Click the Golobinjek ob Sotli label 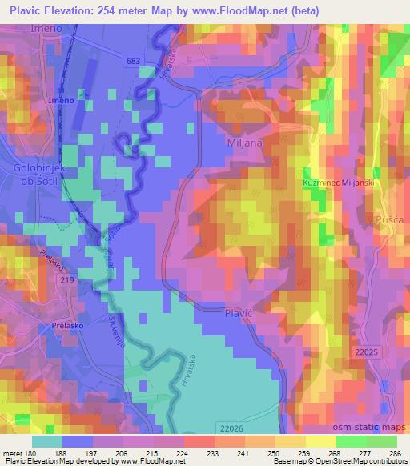tap(37, 175)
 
